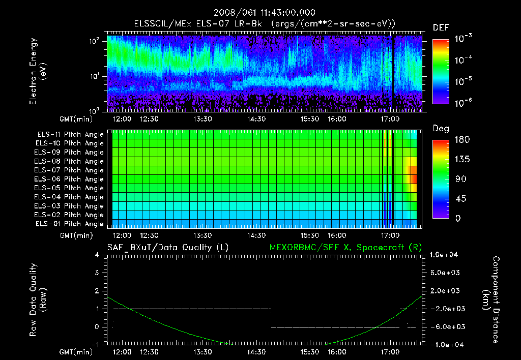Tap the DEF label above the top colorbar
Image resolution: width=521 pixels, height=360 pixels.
tap(441, 27)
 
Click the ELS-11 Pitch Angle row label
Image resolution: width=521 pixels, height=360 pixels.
tap(70, 134)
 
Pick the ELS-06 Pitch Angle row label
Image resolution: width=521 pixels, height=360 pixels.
tap(70, 179)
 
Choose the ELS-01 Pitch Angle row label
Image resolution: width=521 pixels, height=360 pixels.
tap(70, 224)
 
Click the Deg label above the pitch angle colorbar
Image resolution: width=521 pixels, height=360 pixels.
tap(441, 129)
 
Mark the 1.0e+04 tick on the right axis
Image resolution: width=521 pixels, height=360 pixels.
tap(445, 254)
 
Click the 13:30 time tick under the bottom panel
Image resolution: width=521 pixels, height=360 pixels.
tap(203, 352)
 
